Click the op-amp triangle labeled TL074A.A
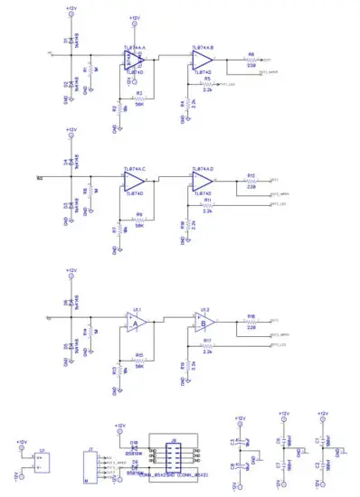(135, 59)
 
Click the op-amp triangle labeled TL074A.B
(200, 60)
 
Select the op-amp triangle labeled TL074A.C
(135, 181)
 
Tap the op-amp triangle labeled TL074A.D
(200, 181)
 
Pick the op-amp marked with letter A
(136, 323)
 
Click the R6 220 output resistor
(251, 60)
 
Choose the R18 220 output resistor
(251, 321)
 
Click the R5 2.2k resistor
(207, 85)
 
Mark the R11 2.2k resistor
(207, 205)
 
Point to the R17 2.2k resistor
(207, 346)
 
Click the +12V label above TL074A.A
(134, 17)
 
